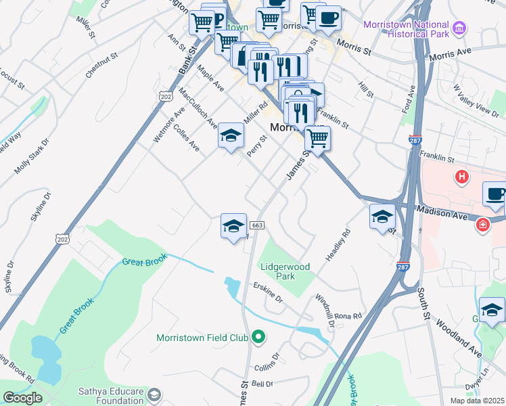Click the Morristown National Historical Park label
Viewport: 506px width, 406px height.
[406, 28]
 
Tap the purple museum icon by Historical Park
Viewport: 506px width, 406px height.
[460, 28]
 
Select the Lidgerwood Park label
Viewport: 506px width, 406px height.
[285, 271]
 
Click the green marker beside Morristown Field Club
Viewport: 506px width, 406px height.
[258, 336]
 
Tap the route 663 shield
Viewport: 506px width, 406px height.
[256, 225]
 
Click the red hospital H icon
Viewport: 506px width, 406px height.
[462, 178]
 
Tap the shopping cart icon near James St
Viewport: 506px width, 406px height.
[317, 139]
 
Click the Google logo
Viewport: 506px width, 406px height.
[22, 398]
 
